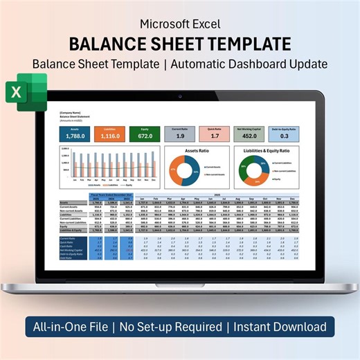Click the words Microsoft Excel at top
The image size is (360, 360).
point(180,23)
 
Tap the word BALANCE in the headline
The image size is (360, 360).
point(111,44)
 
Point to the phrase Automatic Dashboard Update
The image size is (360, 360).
point(260,64)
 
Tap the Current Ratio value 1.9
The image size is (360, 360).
point(180,136)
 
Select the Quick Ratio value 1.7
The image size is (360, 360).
point(215,136)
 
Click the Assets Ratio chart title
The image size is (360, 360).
point(198,150)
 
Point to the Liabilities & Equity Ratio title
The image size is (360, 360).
point(268,150)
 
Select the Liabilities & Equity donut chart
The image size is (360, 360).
point(251,171)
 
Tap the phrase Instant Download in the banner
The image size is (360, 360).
point(280,326)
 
